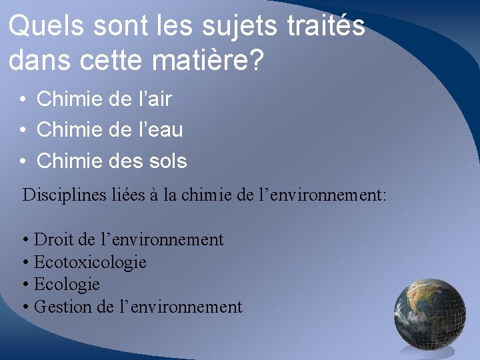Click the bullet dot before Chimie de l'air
pos(23,100)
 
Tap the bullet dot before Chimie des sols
pos(23,161)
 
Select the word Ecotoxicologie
pos(89,262)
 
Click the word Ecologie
pos(66,285)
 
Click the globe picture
pos(430,313)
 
